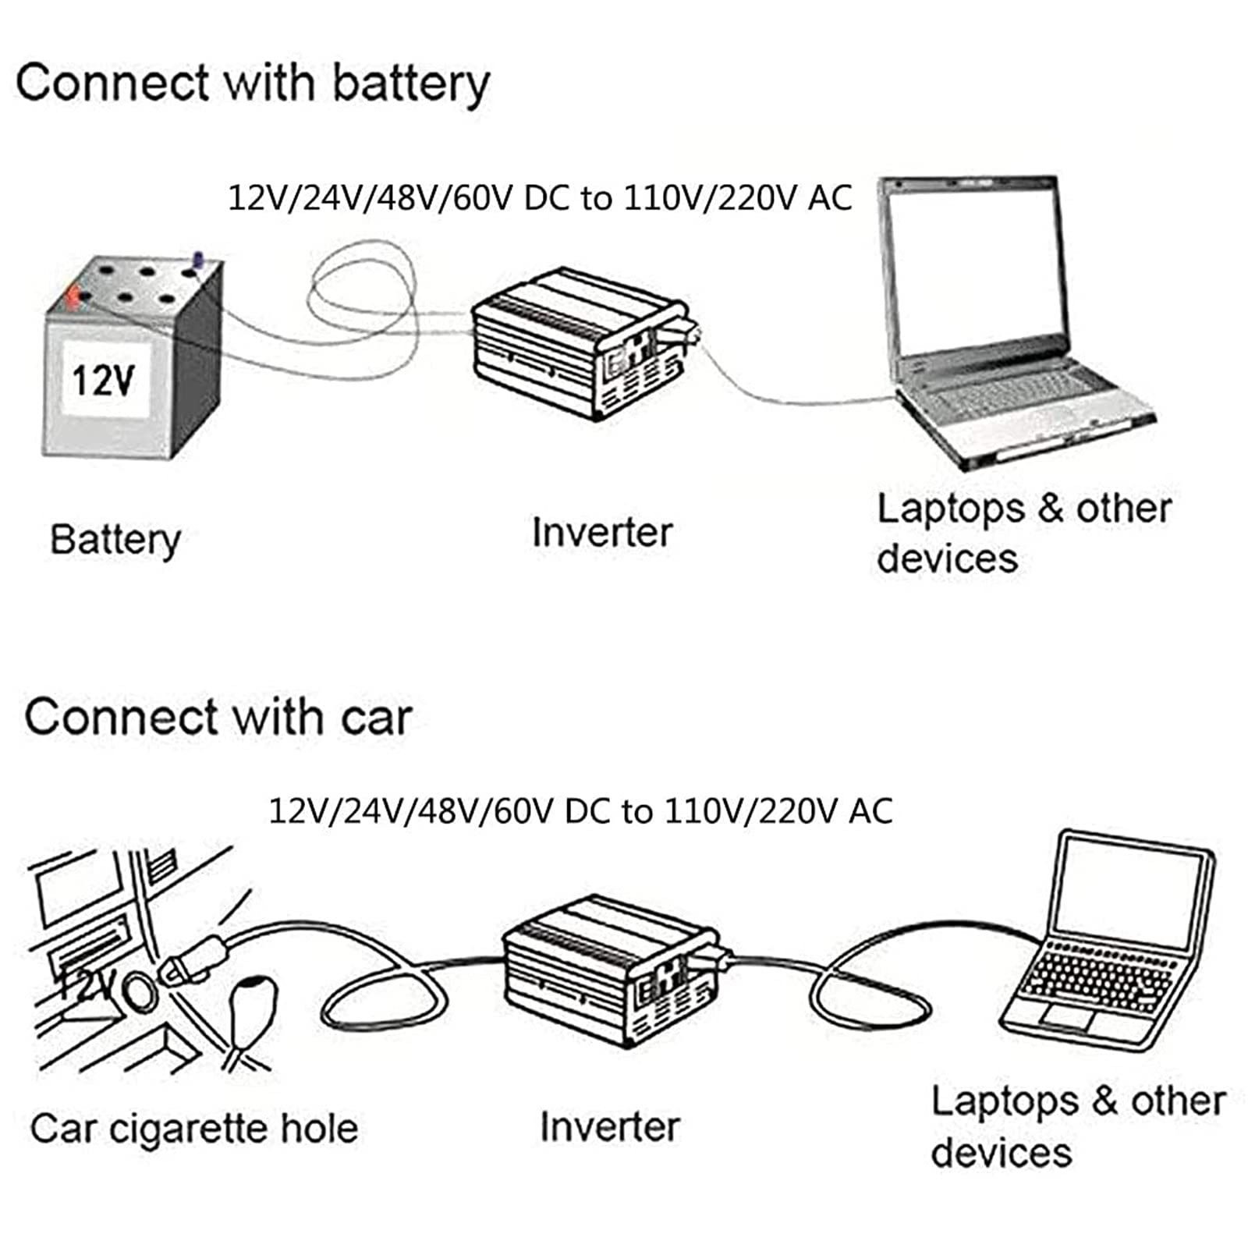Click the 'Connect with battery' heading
[253, 84]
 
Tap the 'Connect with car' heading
[218, 717]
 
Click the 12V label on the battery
[104, 381]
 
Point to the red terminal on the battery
[72, 296]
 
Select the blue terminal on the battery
[197, 261]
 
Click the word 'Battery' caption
[115, 540]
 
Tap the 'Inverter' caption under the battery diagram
[601, 533]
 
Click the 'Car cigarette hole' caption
[194, 1128]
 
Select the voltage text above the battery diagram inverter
[540, 198]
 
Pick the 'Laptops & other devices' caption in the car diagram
[1079, 1126]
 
